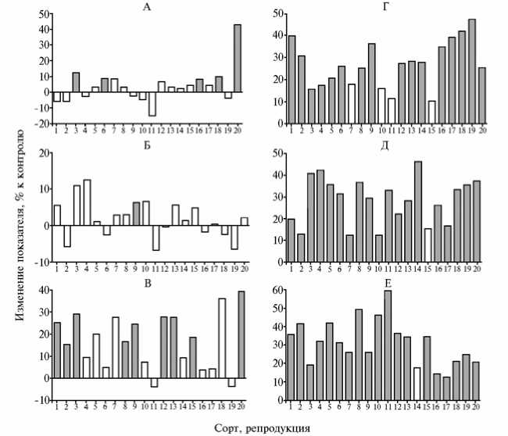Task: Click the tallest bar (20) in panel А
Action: coord(238,59)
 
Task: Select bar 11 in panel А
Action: coord(152,104)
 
